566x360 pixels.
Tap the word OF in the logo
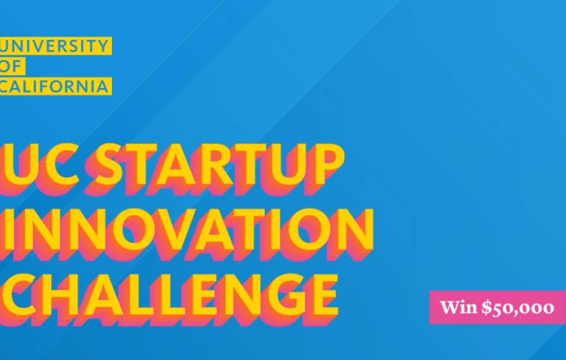12,66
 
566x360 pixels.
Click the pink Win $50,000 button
497,307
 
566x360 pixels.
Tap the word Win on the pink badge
459,307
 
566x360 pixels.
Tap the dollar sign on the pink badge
488,307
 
